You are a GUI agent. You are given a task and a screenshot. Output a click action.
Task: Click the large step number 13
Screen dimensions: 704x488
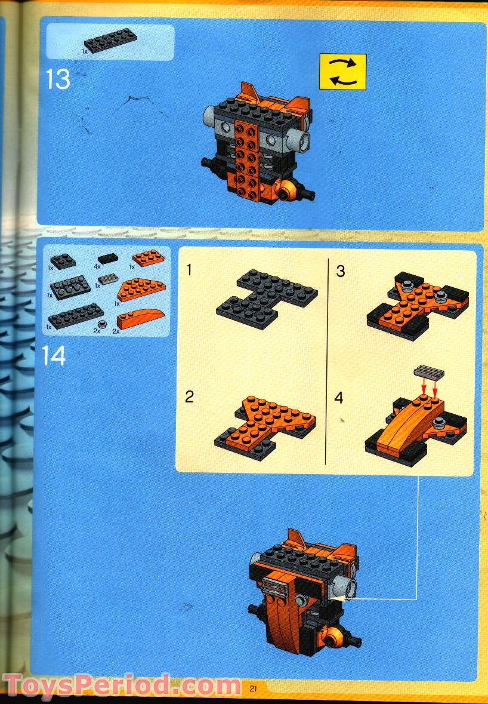pyautogui.click(x=58, y=80)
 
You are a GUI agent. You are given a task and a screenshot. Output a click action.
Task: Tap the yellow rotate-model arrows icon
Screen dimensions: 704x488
pyautogui.click(x=342, y=72)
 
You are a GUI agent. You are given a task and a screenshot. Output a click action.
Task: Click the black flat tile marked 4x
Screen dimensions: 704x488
pyautogui.click(x=108, y=259)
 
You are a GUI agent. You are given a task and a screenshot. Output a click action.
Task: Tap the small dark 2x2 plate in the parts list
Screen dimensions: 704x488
pyautogui.click(x=63, y=260)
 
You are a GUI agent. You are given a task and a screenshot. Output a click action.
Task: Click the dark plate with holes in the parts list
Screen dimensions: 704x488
pyautogui.click(x=70, y=288)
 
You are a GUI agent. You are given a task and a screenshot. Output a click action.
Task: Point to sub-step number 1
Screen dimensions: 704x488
pyautogui.click(x=189, y=270)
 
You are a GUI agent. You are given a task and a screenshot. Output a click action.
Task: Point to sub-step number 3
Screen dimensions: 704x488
pyautogui.click(x=341, y=271)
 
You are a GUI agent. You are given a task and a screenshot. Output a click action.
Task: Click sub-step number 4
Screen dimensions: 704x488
pyautogui.click(x=339, y=397)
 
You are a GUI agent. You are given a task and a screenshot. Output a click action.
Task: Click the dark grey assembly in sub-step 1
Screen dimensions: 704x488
pyautogui.click(x=267, y=296)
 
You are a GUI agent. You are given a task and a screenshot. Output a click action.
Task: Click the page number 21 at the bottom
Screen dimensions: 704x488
pyautogui.click(x=253, y=688)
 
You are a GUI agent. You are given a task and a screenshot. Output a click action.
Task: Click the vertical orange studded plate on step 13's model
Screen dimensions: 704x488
pyautogui.click(x=247, y=158)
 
